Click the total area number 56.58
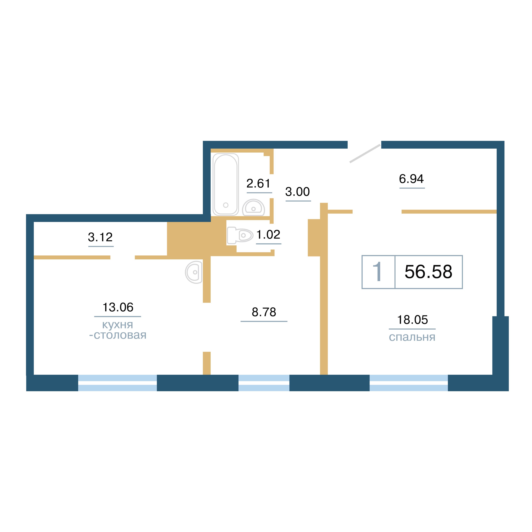[428, 272]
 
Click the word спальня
[412, 337]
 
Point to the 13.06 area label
[118, 307]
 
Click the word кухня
[118, 325]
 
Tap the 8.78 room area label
[264, 312]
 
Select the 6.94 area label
[411, 179]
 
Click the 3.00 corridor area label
[297, 192]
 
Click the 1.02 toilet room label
[268, 235]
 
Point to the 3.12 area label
[100, 237]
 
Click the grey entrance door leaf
[365, 153]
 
